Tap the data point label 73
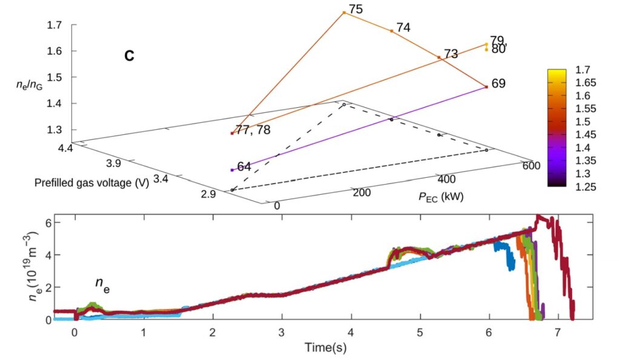(x=451, y=54)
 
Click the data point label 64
(x=245, y=167)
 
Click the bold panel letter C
(x=130, y=56)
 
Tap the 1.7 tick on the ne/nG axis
(x=54, y=25)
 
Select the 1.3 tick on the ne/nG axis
(x=54, y=129)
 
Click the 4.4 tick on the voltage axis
(x=63, y=147)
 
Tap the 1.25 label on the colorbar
(x=585, y=187)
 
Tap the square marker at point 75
(x=344, y=12)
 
